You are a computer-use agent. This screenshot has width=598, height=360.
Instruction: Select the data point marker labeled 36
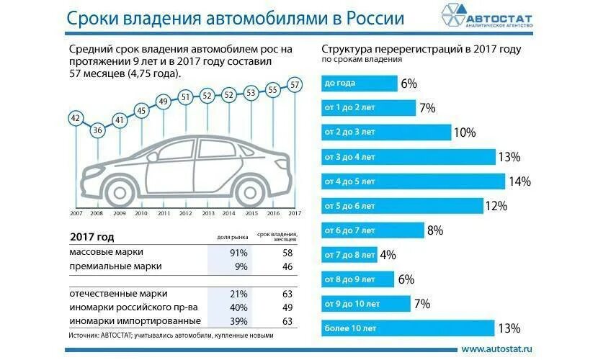click(97, 130)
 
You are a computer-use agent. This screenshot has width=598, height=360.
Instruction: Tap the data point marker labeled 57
click(295, 84)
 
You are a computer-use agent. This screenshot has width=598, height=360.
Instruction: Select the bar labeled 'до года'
click(360, 84)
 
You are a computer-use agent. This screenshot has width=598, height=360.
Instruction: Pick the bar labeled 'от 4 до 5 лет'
click(413, 181)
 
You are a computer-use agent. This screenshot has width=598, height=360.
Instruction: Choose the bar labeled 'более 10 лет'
click(408, 329)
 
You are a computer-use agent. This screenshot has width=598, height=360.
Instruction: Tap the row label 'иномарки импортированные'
click(135, 320)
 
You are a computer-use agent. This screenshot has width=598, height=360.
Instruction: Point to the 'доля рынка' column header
click(229, 237)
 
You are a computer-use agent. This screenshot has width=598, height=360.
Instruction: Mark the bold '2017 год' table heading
click(92, 237)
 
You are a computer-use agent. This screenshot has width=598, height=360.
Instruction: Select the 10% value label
click(465, 132)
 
